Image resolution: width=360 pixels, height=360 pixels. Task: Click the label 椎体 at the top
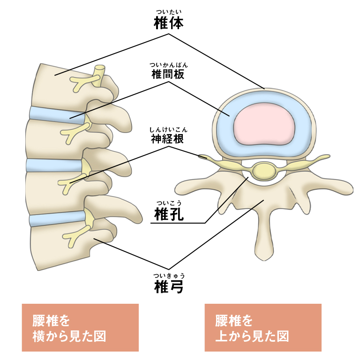(x=168, y=23)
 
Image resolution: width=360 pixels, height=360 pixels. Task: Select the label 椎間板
(x=168, y=75)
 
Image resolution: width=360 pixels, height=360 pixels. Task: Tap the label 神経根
(x=168, y=139)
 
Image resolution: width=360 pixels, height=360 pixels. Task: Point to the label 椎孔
(x=168, y=214)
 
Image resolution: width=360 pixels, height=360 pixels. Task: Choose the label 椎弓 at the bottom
(x=168, y=286)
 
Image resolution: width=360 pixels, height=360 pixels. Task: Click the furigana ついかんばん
(x=168, y=65)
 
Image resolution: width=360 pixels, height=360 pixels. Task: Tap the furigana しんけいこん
(x=168, y=129)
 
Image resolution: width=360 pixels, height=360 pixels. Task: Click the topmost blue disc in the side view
(x=56, y=114)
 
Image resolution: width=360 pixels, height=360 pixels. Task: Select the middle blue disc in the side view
(x=54, y=165)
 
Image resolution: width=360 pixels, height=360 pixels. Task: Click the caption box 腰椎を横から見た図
(x=80, y=328)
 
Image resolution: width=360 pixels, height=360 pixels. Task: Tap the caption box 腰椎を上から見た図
(x=263, y=328)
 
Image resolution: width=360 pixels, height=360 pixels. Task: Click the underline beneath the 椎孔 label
(x=178, y=223)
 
